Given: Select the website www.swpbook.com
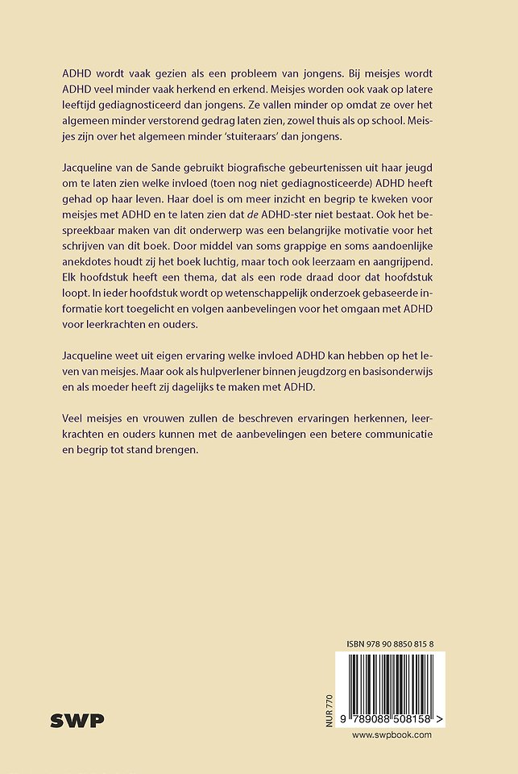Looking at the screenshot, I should click(392, 734).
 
